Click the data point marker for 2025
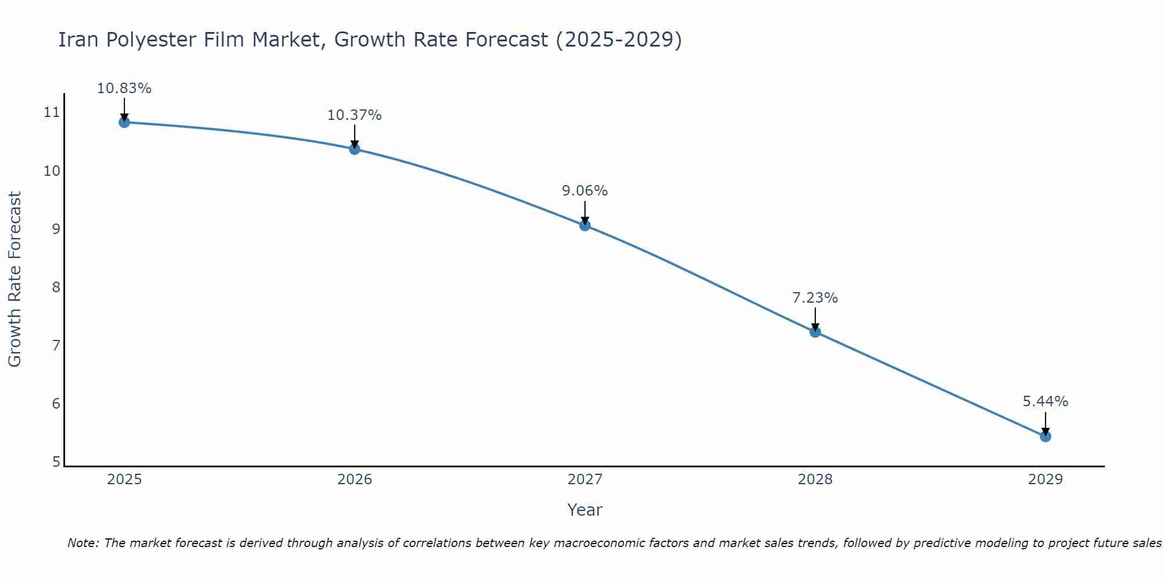[124, 122]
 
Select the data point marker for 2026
[355, 149]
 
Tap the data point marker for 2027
[585, 225]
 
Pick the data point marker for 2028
[815, 332]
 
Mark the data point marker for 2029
[1046, 436]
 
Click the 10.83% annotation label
[124, 88]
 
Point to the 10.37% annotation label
[355, 115]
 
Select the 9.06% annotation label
[585, 191]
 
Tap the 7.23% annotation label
[815, 298]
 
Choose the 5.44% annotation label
[1046, 402]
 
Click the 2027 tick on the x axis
[585, 480]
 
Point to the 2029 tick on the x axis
[1046, 480]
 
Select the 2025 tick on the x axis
[124, 480]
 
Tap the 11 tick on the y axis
[52, 112]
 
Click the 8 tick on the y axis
[56, 287]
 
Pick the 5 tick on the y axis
[56, 462]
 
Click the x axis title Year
[585, 510]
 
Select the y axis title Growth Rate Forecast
[15, 279]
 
